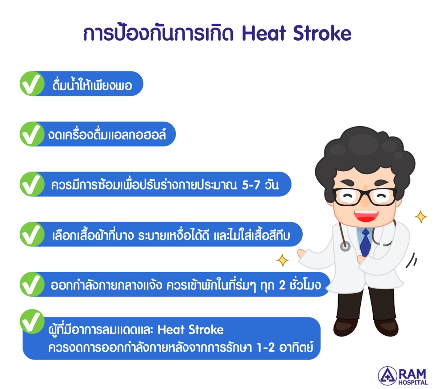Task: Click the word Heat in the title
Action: coord(264,33)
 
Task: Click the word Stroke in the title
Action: coord(322,33)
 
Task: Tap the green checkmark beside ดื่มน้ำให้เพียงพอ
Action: coord(32,83)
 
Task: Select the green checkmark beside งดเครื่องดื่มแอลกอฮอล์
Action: coord(32,134)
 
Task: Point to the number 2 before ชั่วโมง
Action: coord(282,285)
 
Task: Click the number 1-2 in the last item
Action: coord(266,348)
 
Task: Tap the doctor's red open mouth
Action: coord(366,216)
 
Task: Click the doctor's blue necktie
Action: coord(365,242)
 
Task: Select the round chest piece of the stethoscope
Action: coord(345,246)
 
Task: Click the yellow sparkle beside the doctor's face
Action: coord(420,217)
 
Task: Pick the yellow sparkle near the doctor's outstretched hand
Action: coord(282,260)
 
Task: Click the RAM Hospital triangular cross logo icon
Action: coord(388,376)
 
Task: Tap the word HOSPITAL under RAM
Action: coord(413,382)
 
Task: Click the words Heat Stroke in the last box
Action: coord(190,329)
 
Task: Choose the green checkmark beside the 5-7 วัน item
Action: coord(32,184)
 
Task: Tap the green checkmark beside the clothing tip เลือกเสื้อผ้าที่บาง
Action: coord(32,234)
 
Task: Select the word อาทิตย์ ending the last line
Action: coord(296,347)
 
